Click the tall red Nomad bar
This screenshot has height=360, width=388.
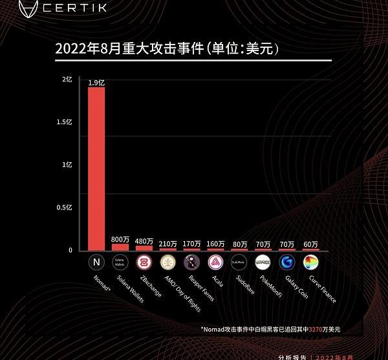pyautogui.click(x=96, y=168)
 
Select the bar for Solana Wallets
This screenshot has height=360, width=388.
pyautogui.click(x=120, y=247)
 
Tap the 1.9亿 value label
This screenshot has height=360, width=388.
pyautogui.click(x=96, y=81)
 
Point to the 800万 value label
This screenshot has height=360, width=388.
pyautogui.click(x=120, y=239)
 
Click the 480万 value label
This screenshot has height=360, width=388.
pyautogui.click(x=144, y=242)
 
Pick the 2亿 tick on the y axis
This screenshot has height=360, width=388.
pyautogui.click(x=67, y=79)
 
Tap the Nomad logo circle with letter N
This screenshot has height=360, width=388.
pyautogui.click(x=96, y=262)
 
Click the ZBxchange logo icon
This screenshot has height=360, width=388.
pyautogui.click(x=144, y=262)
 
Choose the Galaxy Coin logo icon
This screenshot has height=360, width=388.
pyautogui.click(x=286, y=262)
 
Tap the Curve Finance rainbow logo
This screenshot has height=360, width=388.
pyautogui.click(x=310, y=262)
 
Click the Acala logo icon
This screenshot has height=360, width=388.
pyautogui.click(x=215, y=262)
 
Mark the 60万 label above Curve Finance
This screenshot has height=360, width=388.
pyautogui.click(x=310, y=244)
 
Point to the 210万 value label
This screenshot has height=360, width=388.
pyautogui.click(x=167, y=244)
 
